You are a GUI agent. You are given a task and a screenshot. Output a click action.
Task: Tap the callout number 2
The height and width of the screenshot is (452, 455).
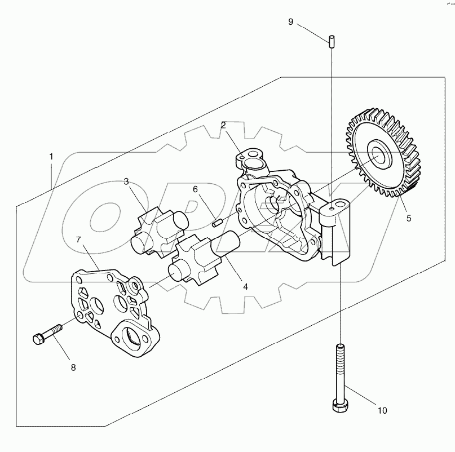223,125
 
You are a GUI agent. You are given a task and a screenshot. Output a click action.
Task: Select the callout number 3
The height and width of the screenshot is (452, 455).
127,181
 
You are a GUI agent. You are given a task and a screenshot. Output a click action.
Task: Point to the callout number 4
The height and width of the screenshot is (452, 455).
245,286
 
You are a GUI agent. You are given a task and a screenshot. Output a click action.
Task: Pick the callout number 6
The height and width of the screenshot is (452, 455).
195,189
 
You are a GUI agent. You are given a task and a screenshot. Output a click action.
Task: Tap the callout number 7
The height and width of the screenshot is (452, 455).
79,240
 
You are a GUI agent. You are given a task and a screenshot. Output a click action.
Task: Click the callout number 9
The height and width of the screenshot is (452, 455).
291,21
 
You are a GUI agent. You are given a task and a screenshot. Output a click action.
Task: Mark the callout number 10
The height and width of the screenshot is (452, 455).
382,411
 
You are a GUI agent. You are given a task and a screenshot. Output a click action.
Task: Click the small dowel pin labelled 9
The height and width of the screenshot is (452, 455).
332,41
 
